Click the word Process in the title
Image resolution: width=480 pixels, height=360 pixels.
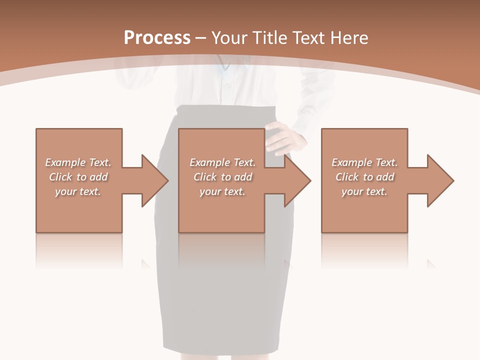point(157,38)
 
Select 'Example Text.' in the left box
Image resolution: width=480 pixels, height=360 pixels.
point(78,162)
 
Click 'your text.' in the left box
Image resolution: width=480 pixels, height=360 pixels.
point(78,191)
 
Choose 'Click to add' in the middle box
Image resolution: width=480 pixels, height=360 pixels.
point(222,177)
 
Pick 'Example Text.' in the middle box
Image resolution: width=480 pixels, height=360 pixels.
point(222,162)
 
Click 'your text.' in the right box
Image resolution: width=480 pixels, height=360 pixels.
point(364,191)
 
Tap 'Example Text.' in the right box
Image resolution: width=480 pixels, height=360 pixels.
point(364,162)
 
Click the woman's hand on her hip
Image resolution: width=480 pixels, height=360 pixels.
point(285,137)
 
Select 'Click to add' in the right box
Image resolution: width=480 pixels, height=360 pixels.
point(364,177)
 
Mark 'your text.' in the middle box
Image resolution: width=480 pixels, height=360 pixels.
point(222,191)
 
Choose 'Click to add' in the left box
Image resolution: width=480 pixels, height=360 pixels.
point(78,177)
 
